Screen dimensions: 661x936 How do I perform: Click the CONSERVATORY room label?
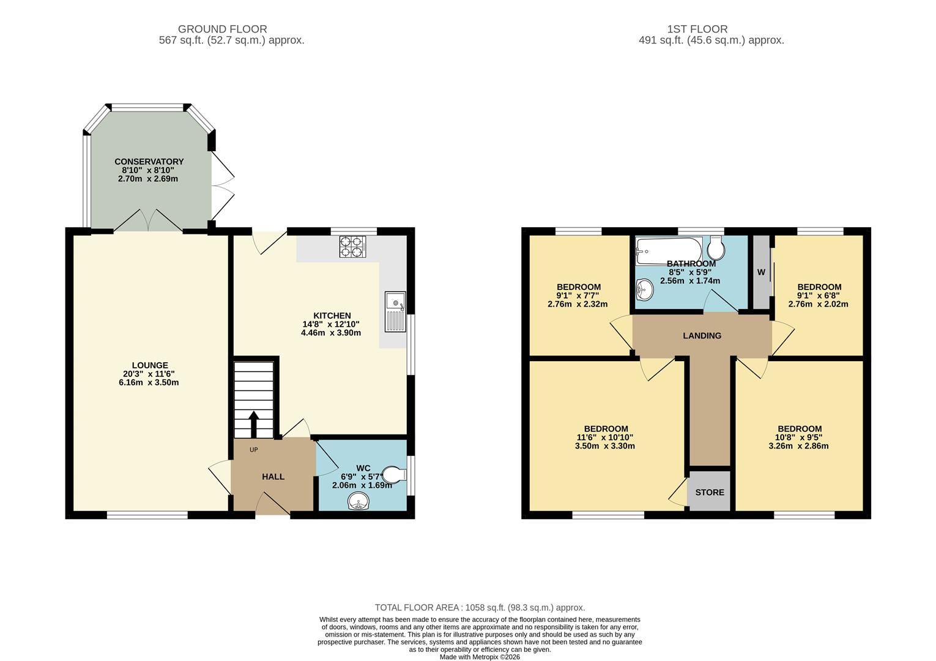tap(149, 162)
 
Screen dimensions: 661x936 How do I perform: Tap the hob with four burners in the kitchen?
tap(352, 245)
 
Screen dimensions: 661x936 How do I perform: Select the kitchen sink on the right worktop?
tap(395, 312)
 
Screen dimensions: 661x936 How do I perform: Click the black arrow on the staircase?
tap(253, 423)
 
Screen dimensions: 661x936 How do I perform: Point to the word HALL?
tap(273, 477)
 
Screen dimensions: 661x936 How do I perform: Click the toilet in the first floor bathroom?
tap(716, 248)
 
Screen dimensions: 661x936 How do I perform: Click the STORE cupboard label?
tap(709, 492)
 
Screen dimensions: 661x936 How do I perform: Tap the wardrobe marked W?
tap(761, 272)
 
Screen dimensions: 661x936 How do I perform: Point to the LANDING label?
tap(702, 335)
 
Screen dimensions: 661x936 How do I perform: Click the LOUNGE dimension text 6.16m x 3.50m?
tap(149, 383)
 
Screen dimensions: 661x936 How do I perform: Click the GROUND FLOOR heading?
tap(222, 29)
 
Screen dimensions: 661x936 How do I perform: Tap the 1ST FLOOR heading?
tap(697, 29)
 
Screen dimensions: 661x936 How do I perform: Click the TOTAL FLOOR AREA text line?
tap(480, 608)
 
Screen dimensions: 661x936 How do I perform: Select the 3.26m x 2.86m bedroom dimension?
tap(798, 446)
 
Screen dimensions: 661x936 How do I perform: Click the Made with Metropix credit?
tap(480, 657)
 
